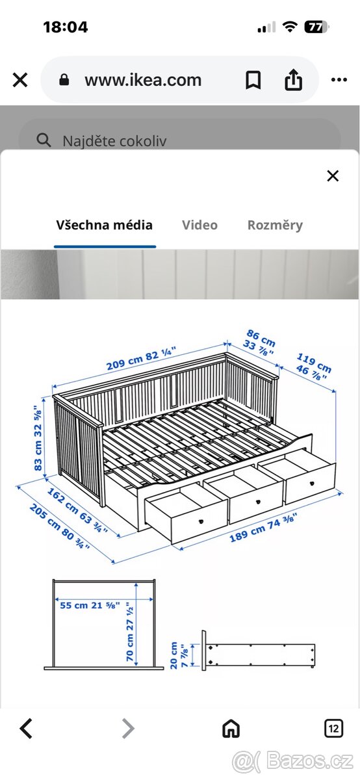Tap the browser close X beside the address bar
coord(20,80)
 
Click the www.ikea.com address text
coord(143,80)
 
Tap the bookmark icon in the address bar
coord(253,81)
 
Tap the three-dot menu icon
coord(339,80)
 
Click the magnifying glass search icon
coord(44,140)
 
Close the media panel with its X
coord(333,176)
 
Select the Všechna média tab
coord(105,225)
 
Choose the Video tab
coord(199,225)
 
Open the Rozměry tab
coord(275,226)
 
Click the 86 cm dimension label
coord(261,338)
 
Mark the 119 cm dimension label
coord(314,363)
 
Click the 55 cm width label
coord(73,605)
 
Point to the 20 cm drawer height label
coord(174,655)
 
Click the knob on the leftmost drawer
coord(201,521)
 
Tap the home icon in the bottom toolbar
coord(231,728)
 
